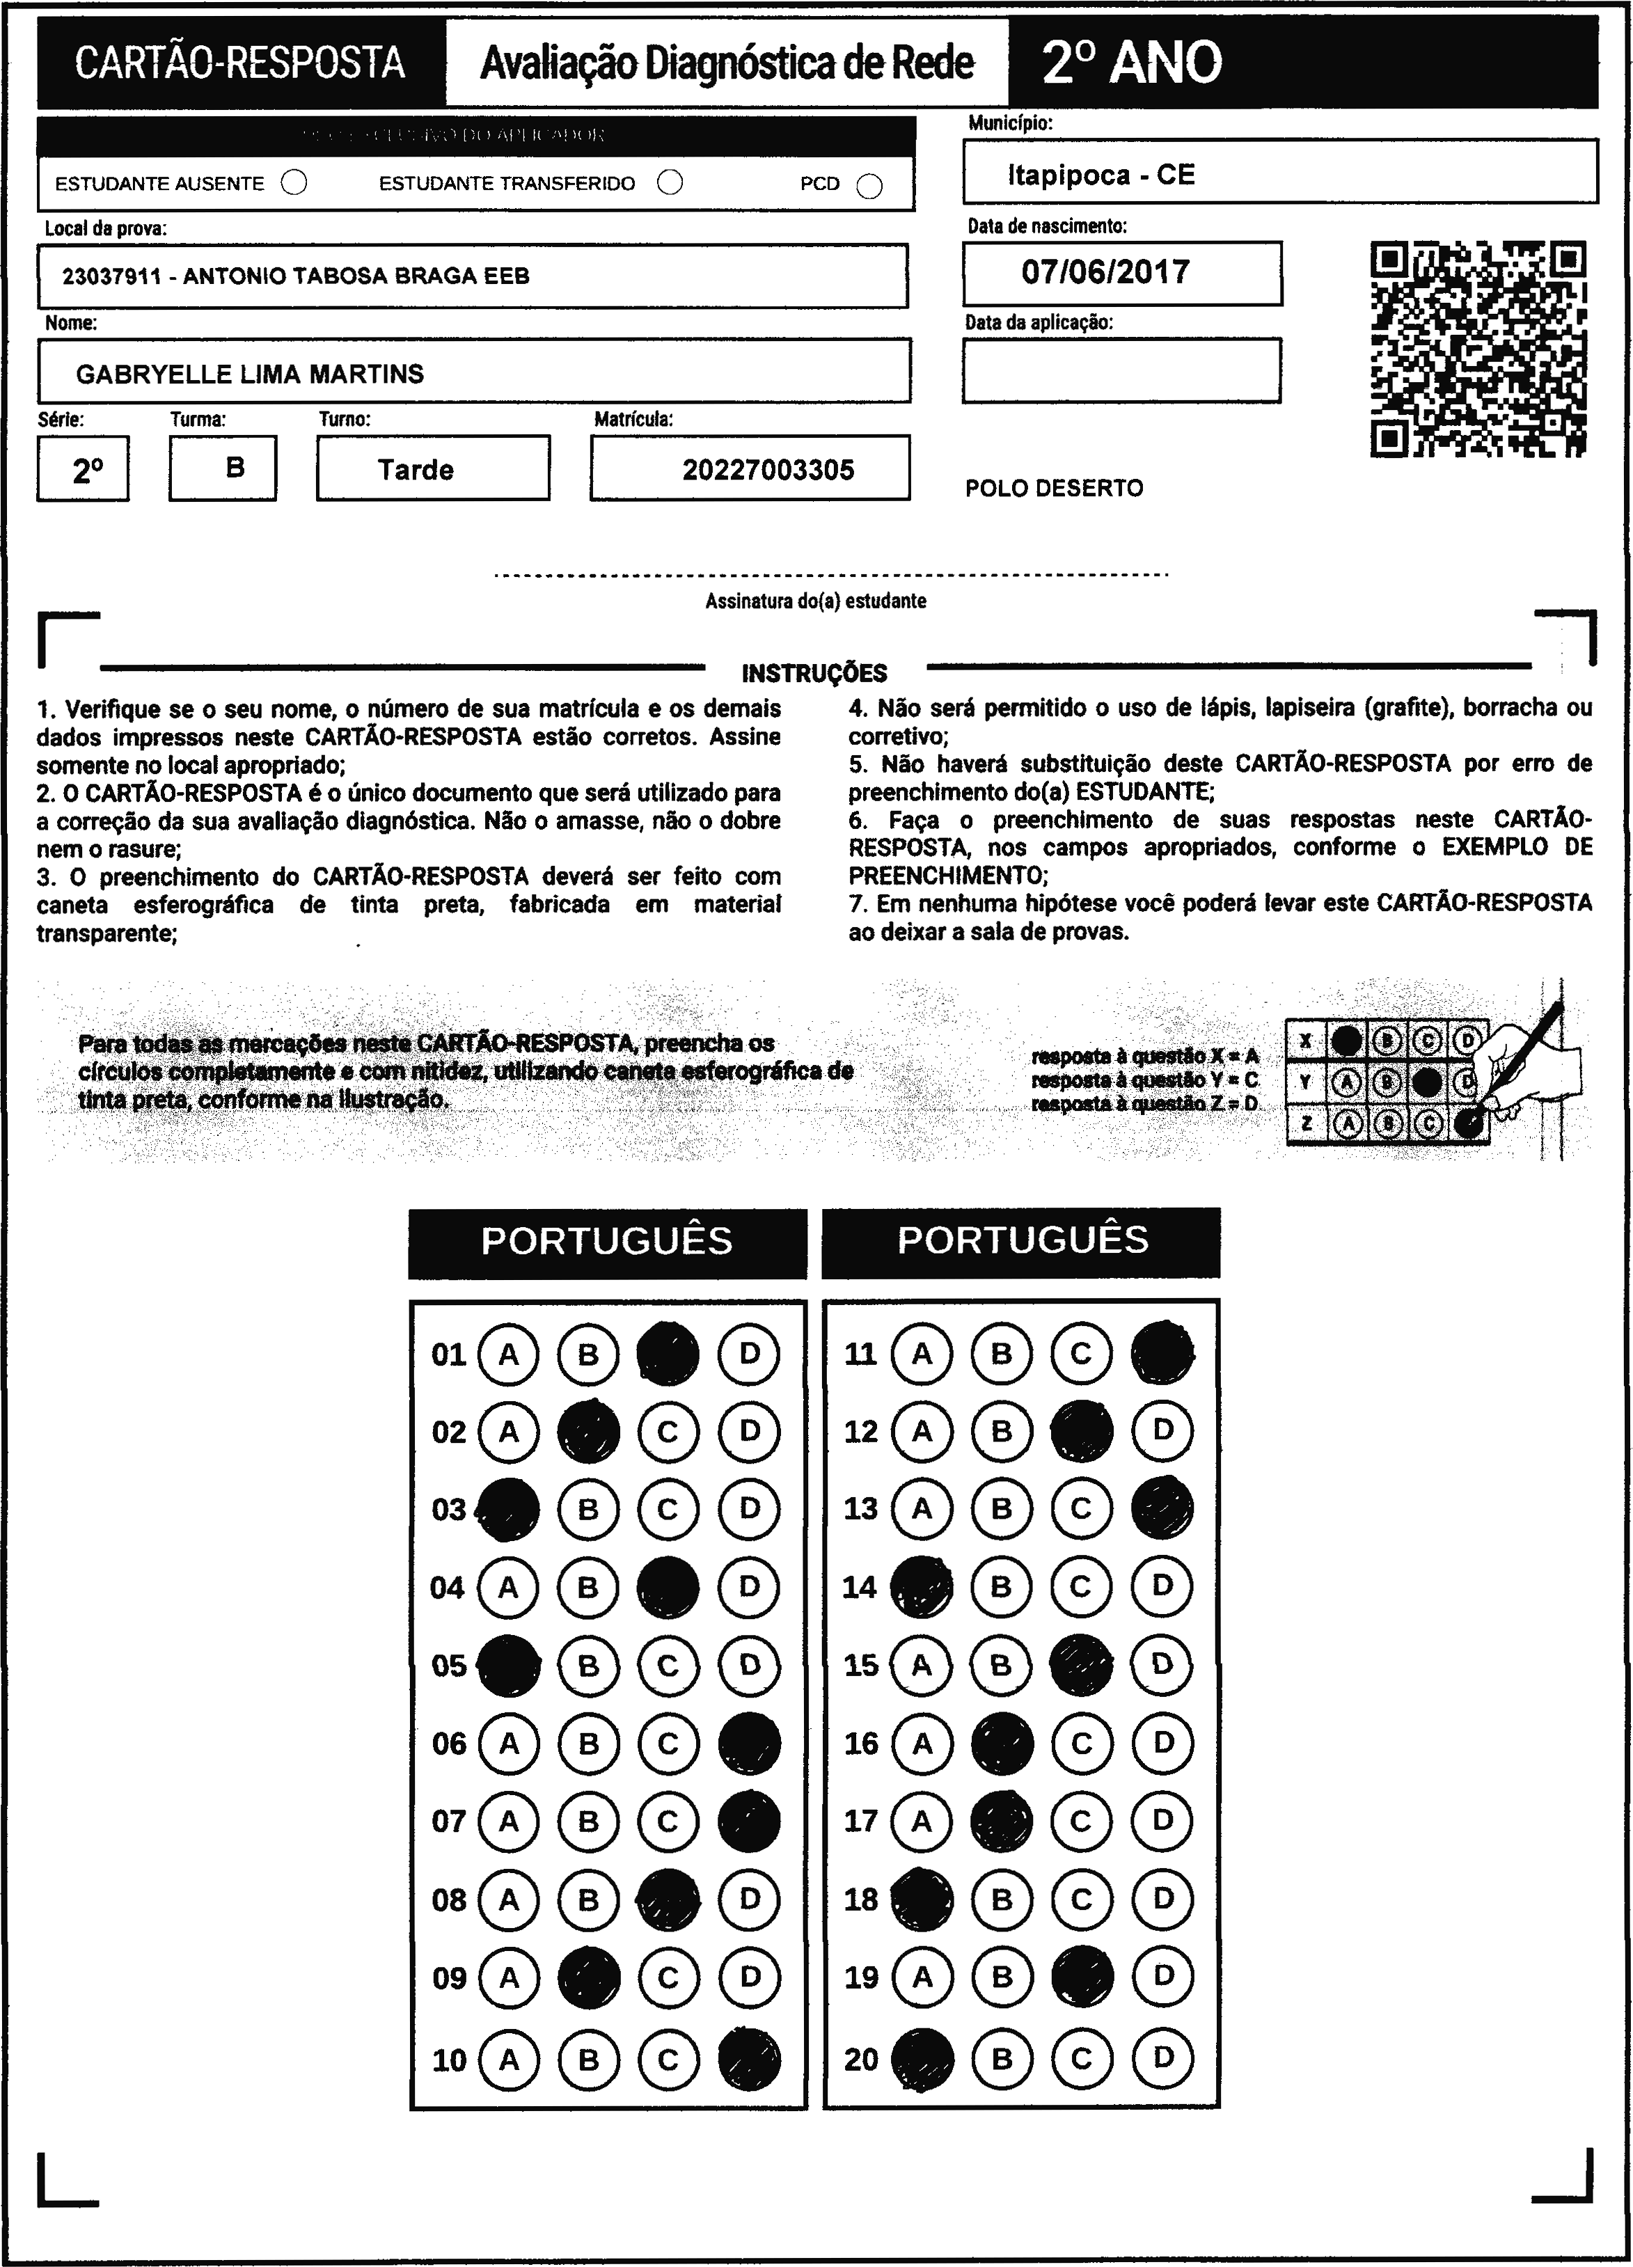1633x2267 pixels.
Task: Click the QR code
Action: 1477,349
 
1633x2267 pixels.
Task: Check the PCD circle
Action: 869,186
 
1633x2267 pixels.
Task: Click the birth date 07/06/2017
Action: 1105,272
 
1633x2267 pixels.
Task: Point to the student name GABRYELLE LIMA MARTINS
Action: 250,374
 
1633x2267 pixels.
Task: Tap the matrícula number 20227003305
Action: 768,470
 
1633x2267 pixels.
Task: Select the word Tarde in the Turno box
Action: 416,470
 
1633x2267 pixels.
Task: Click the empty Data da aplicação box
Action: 1121,370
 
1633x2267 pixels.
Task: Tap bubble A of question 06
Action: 509,1744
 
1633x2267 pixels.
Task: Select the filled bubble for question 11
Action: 1162,1353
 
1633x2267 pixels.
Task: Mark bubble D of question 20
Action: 1162,2058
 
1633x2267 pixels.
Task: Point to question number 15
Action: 860,1665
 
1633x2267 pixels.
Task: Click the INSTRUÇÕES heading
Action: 814,672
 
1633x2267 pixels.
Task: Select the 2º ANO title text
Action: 1131,63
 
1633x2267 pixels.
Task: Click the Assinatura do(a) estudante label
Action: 816,601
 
